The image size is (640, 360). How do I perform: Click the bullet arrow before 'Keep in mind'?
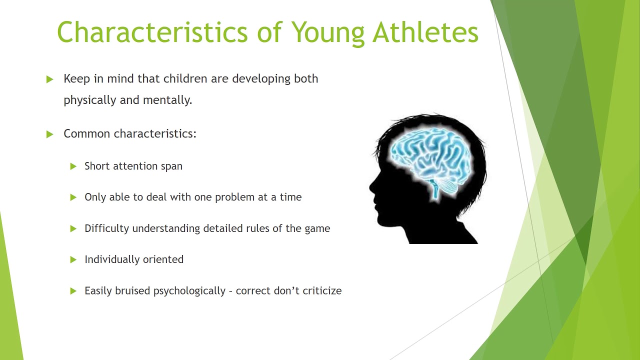(49, 79)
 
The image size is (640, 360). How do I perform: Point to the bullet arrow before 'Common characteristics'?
(49, 134)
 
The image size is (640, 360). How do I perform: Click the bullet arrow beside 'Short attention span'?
(73, 166)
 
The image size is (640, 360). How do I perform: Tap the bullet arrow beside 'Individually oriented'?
(73, 259)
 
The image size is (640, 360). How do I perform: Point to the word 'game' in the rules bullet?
(317, 229)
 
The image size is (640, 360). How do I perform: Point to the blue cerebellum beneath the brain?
(446, 186)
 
